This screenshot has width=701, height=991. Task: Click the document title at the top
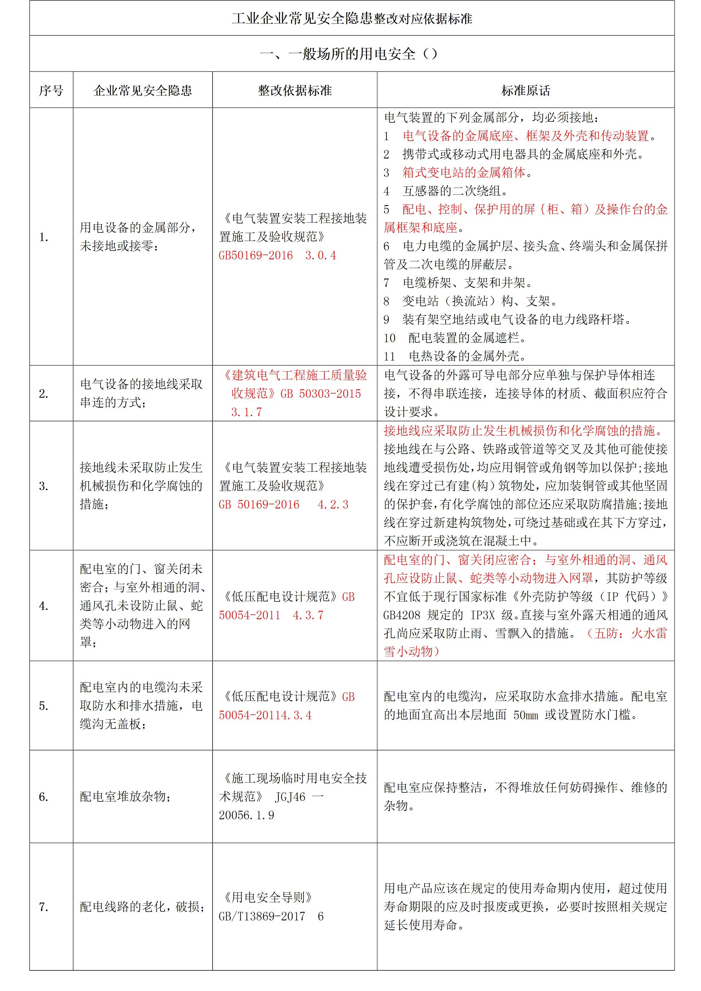352,19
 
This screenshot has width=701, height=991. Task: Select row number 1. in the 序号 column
44,237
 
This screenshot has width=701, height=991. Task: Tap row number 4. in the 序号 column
44,606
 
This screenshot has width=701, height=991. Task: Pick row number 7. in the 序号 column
44,907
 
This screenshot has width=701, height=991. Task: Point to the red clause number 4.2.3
333,505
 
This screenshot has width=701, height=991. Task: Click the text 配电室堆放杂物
125,797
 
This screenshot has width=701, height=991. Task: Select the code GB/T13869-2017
262,916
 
